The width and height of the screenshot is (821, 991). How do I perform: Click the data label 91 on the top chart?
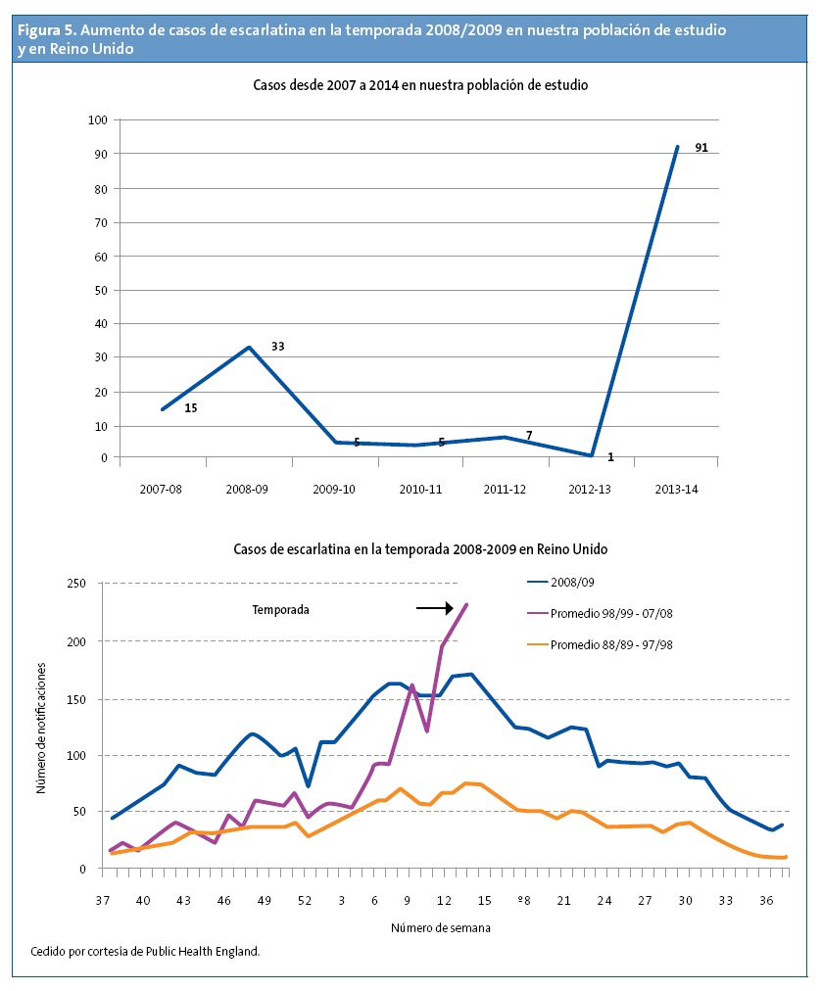[x=701, y=149]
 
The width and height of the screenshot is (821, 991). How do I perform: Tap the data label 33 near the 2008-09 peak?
[x=277, y=347]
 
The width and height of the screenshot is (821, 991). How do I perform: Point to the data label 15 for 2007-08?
[x=191, y=407]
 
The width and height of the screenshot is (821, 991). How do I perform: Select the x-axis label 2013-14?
[x=676, y=488]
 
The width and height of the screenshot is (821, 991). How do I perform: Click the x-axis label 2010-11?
[x=418, y=488]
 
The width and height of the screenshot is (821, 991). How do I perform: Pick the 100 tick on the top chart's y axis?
[x=97, y=120]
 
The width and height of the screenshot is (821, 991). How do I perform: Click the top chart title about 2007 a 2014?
[x=419, y=86]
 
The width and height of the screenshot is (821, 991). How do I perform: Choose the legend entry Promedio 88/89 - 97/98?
[x=610, y=644]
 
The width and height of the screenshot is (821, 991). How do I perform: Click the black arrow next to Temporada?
[x=434, y=608]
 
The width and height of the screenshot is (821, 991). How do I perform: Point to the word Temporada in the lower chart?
[x=281, y=609]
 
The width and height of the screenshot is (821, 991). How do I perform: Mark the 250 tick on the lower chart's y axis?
[x=77, y=584]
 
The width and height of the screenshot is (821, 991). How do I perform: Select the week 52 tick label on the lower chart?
[x=306, y=900]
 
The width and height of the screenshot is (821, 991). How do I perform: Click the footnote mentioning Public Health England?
[x=145, y=951]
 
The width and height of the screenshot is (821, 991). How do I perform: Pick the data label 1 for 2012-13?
[x=610, y=456]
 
